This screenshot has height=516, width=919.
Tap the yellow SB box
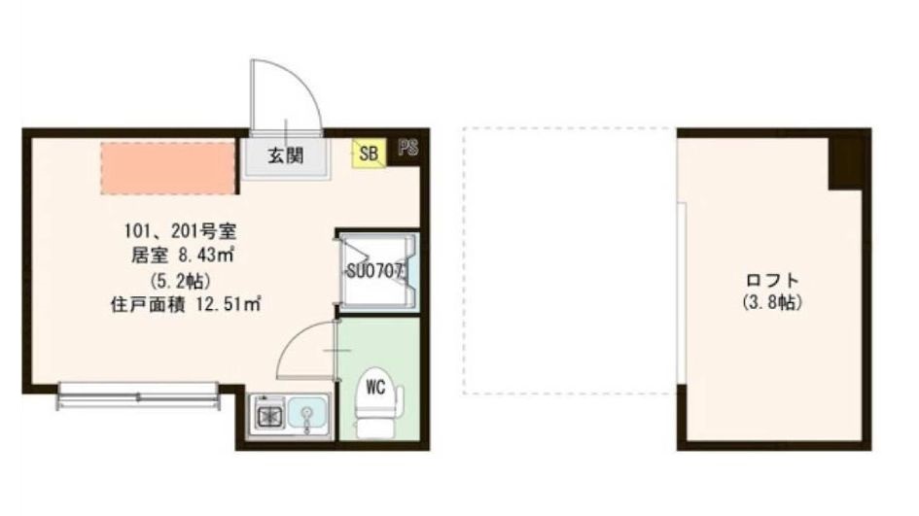(369, 152)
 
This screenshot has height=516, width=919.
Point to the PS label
(407, 149)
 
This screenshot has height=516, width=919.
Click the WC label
(375, 387)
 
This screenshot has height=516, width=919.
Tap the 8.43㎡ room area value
(204, 257)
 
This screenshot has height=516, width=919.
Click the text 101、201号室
(176, 232)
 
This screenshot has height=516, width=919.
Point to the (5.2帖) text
(176, 281)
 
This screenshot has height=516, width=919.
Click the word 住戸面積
(142, 304)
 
